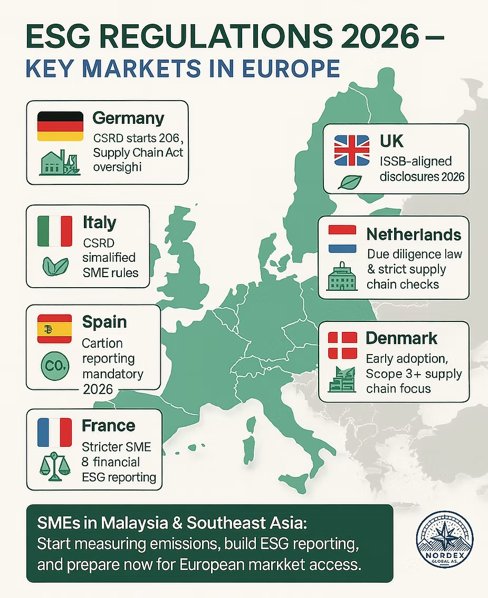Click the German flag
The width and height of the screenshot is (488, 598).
60,125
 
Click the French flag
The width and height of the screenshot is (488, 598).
55,432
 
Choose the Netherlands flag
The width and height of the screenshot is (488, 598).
343,238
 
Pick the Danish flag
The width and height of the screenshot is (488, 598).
343,345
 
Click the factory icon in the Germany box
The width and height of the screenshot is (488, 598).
60,163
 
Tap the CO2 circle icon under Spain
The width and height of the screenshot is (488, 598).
55,366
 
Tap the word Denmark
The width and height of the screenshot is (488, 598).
401,338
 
